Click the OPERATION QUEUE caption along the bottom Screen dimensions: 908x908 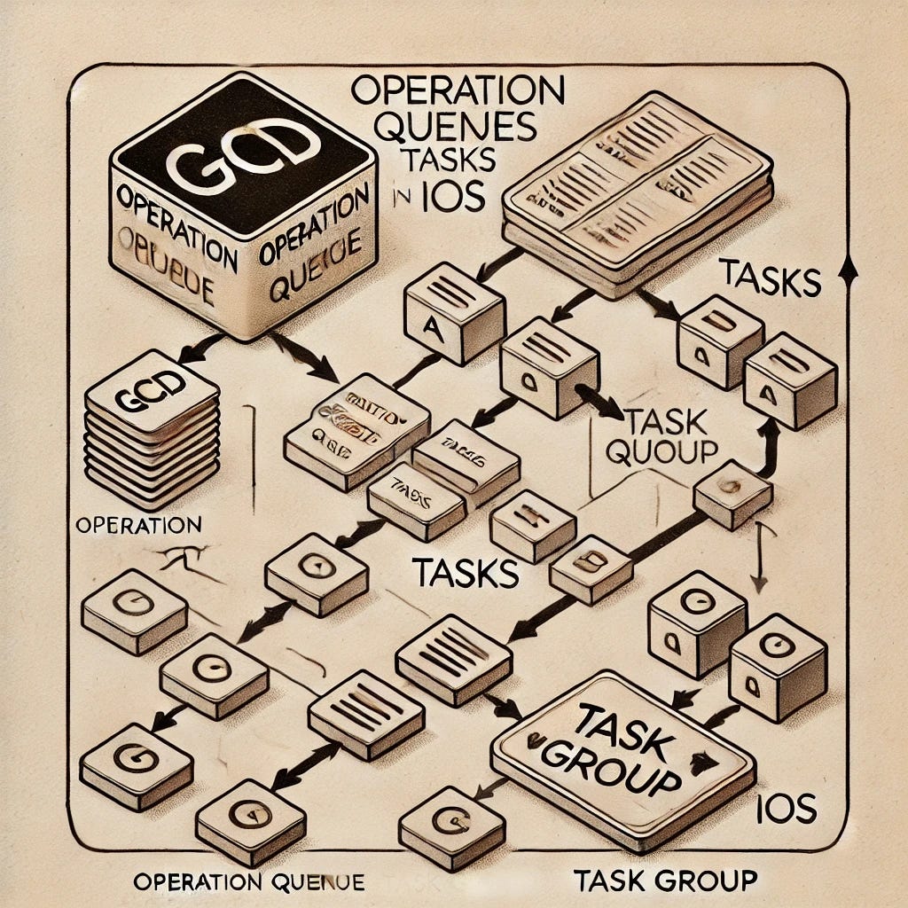(x=247, y=882)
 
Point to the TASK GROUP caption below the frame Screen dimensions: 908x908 (x=665, y=881)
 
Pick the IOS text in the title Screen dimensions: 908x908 (x=454, y=197)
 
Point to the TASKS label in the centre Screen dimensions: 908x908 (x=465, y=573)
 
